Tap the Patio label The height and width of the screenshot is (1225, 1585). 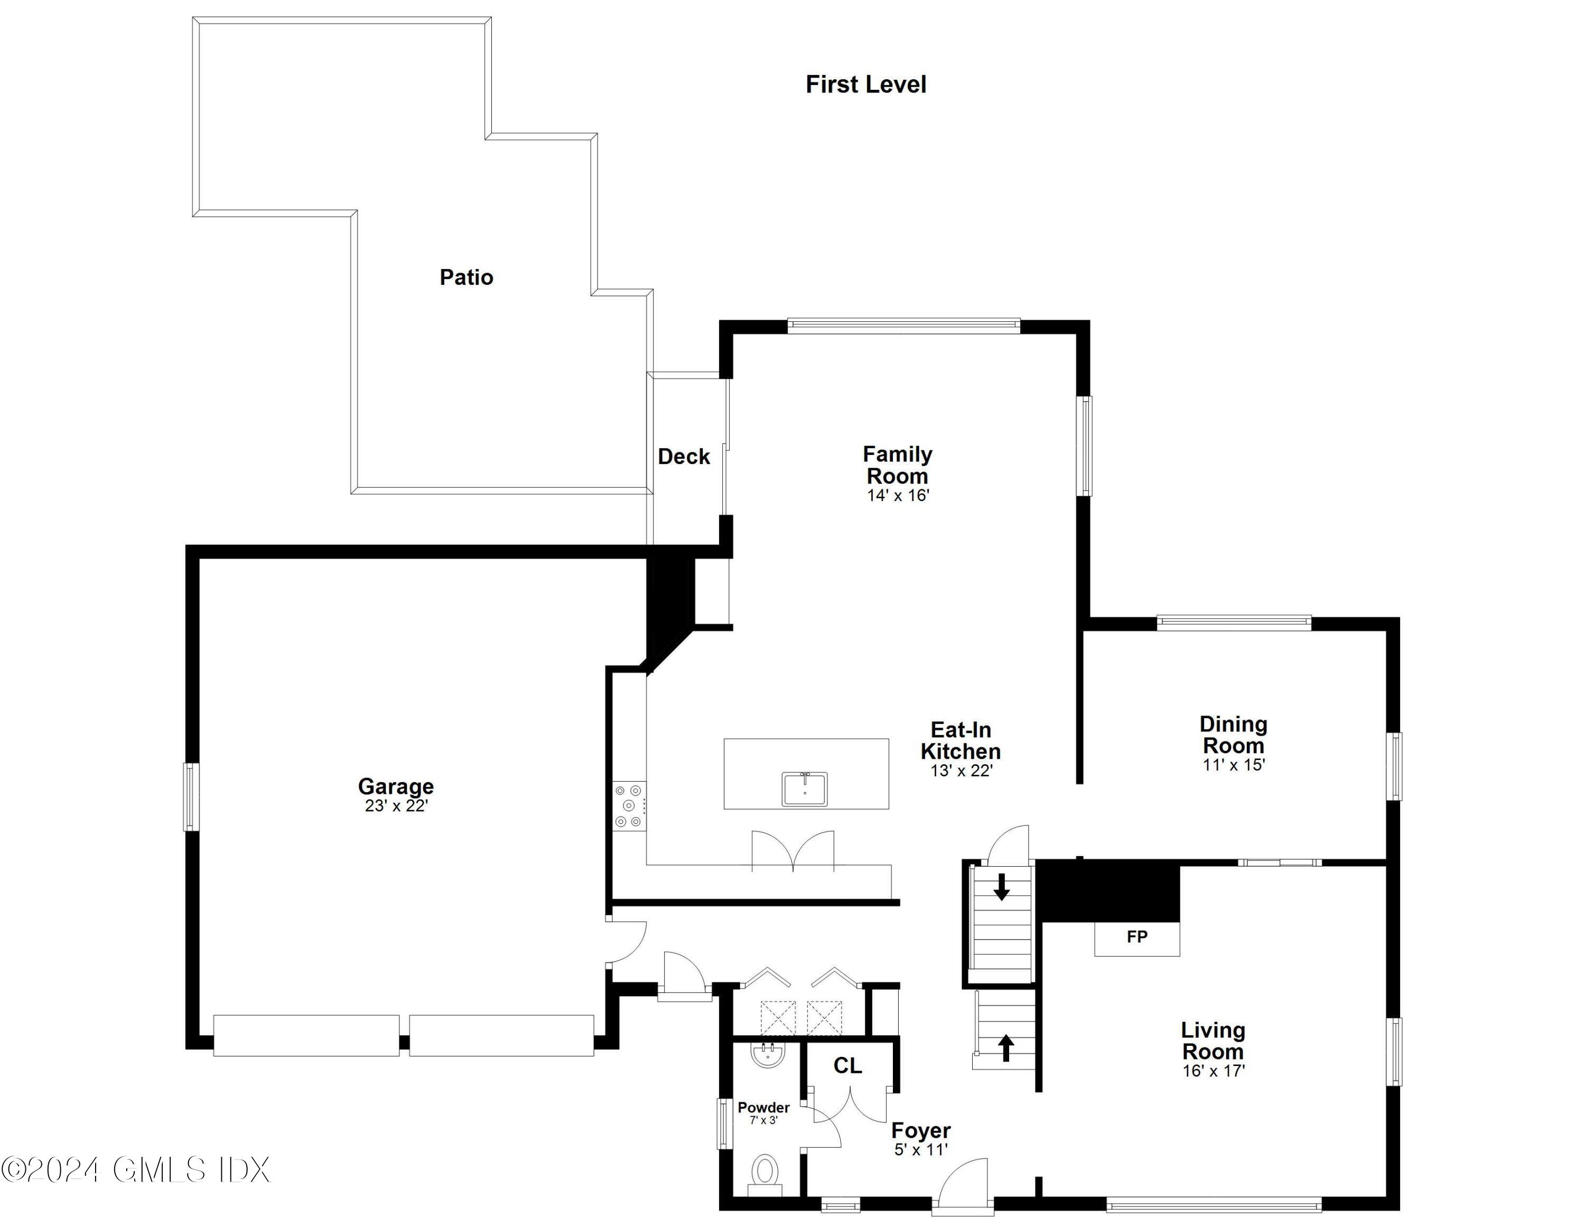click(x=466, y=277)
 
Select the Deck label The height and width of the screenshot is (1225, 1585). click(x=683, y=457)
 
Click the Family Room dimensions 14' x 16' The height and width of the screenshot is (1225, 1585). click(x=898, y=496)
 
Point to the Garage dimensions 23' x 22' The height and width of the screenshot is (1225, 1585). click(x=396, y=805)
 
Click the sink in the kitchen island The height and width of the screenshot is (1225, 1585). click(x=804, y=789)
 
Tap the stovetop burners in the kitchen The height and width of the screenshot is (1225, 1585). click(x=629, y=805)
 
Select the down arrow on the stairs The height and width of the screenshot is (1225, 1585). click(x=1002, y=887)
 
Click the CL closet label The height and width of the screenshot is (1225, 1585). click(x=847, y=1065)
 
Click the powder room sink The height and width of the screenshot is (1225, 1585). click(x=768, y=1056)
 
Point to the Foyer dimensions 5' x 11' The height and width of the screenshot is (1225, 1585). click(x=921, y=1149)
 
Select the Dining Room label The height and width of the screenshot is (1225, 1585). click(x=1233, y=735)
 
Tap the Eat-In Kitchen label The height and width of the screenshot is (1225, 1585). click(x=960, y=740)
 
